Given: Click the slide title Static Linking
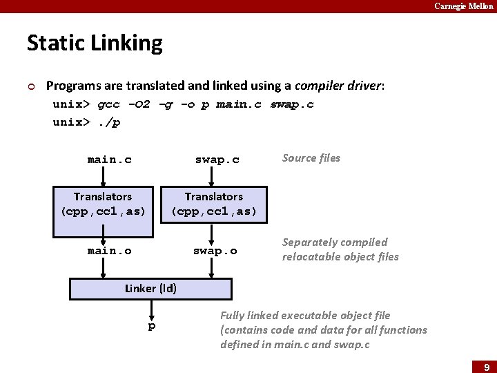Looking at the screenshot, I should (95, 44).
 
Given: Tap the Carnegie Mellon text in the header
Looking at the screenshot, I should (463, 6).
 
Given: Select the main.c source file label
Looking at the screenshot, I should (109, 160).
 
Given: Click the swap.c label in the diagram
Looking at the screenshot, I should (217, 160).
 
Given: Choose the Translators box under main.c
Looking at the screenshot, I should (103, 204).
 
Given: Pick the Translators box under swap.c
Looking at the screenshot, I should (213, 204).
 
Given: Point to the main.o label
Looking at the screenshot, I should (109, 251).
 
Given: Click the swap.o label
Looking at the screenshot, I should (215, 251).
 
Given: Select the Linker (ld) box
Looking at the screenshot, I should (150, 289).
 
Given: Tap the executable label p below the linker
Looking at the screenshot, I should (152, 326).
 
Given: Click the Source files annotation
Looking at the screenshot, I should (311, 158).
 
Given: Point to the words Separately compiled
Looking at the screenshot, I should (335, 242).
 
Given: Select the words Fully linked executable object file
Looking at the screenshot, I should (305, 315).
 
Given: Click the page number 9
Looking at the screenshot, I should (485, 367).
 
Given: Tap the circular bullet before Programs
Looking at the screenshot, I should (31, 86).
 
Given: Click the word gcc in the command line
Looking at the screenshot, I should (108, 104).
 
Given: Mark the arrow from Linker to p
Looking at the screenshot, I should (150, 309).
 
